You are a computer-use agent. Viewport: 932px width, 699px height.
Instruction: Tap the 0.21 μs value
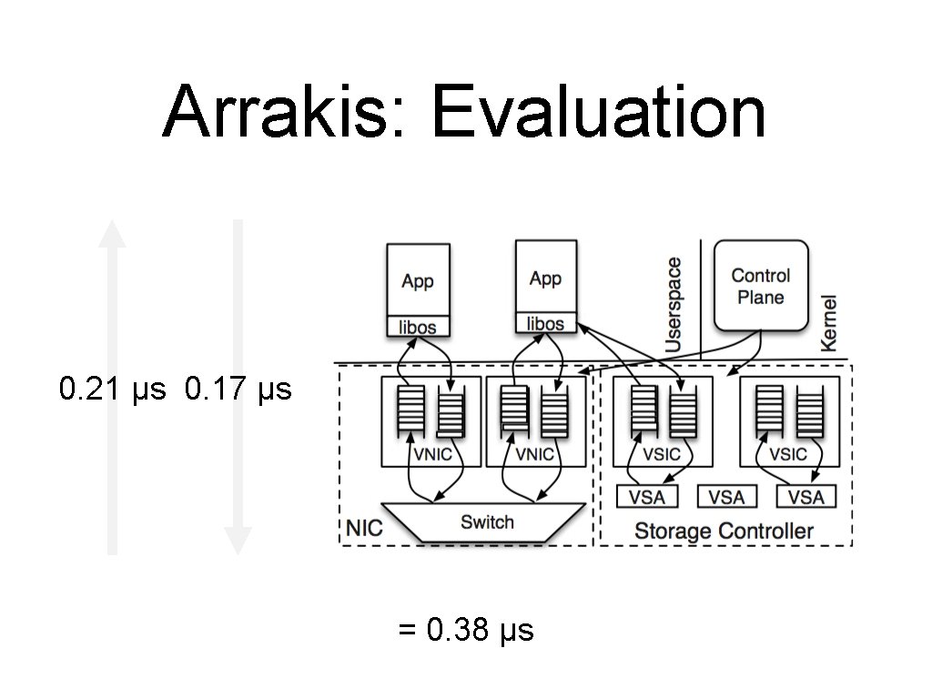coord(113,390)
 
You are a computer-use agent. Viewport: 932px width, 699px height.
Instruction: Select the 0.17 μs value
coord(238,390)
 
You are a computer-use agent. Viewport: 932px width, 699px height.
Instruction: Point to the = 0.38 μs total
coord(466,630)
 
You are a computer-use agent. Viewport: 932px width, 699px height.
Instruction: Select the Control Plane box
coord(761,285)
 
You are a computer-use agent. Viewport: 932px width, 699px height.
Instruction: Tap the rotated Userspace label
coord(674,305)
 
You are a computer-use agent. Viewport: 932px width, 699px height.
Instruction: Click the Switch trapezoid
coord(486,522)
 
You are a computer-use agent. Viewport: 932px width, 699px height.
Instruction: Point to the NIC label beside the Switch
coord(364,528)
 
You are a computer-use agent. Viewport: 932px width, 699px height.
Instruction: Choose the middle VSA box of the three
coord(726,497)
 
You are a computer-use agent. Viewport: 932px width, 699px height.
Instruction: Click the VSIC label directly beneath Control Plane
coord(788,454)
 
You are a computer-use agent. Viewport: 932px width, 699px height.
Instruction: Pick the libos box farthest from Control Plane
coord(418,327)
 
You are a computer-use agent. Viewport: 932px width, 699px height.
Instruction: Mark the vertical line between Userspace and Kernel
coord(700,300)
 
